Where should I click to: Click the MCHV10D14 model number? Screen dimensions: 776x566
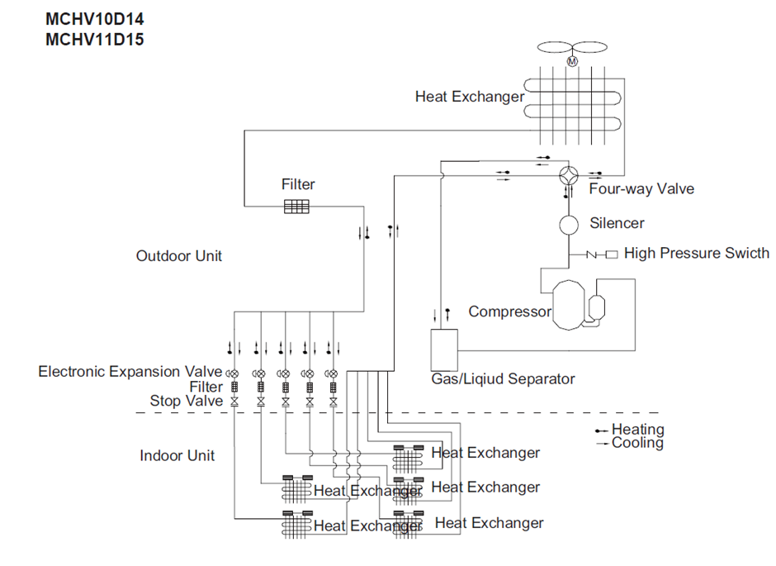click(x=95, y=19)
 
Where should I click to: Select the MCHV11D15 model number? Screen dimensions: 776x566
click(x=95, y=39)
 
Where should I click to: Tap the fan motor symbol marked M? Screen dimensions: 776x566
click(x=572, y=61)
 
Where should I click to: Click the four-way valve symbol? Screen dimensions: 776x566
click(x=569, y=175)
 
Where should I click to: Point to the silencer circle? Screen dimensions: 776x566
click(x=569, y=225)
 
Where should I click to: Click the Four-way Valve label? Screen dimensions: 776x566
click(x=641, y=188)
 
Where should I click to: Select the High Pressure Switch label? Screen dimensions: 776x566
click(x=697, y=253)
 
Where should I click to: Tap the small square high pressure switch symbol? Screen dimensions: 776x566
click(x=613, y=254)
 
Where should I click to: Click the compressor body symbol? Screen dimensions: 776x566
click(x=569, y=305)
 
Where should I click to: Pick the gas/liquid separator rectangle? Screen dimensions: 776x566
click(x=444, y=350)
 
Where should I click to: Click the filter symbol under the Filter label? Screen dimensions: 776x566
click(x=296, y=207)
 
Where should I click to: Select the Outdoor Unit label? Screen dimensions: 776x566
click(x=178, y=256)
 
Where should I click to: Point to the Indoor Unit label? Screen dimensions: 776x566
click(x=177, y=455)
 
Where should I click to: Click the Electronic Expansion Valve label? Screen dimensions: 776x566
click(x=130, y=371)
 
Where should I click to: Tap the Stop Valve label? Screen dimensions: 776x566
click(x=186, y=401)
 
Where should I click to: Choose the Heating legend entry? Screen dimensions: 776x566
click(x=630, y=430)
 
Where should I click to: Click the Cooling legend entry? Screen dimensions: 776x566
click(x=630, y=443)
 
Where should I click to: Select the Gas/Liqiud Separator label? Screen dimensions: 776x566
click(x=503, y=378)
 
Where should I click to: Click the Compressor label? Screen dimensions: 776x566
click(x=509, y=312)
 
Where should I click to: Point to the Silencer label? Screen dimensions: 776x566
click(x=617, y=223)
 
